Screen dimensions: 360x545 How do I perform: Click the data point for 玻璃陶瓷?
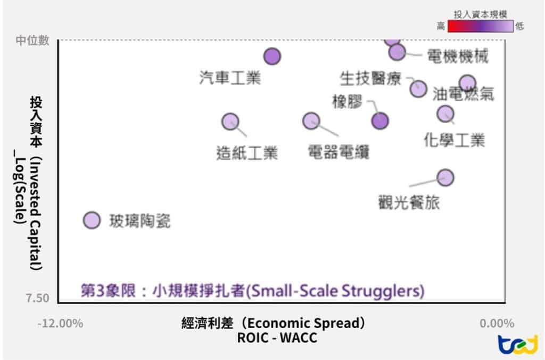coord(93,220)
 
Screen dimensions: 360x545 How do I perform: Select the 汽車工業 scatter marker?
coord(272,56)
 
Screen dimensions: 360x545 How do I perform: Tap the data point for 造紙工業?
coord(230,121)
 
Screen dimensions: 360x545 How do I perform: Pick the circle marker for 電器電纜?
coord(311,121)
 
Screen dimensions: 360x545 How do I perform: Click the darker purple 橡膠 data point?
coord(379,121)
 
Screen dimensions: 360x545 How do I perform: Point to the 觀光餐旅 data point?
coord(445,177)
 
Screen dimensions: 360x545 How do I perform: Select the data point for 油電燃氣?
coord(467,83)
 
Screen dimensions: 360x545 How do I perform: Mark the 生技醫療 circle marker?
coord(418,88)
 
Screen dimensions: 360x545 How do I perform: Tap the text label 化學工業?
coord(455,141)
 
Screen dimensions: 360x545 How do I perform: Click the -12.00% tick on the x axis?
coord(60,323)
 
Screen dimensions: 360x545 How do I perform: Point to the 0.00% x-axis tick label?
coord(497,323)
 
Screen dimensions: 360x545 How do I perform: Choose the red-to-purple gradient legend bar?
coord(480,26)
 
